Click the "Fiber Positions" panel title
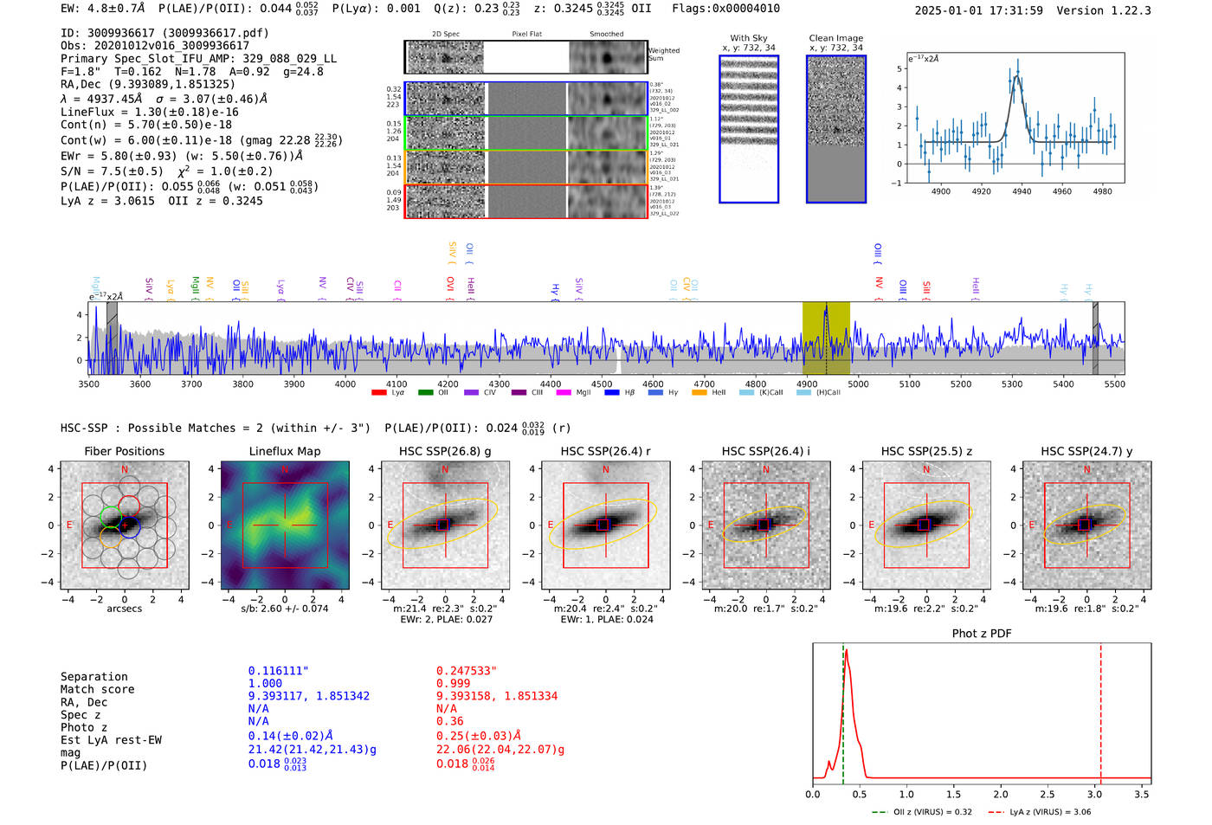tap(124, 451)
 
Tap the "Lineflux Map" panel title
tap(285, 451)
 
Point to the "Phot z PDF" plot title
tap(982, 634)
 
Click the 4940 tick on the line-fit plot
tap(1022, 191)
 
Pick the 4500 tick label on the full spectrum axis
tap(602, 383)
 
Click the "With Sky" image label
tap(749, 38)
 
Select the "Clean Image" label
tap(836, 38)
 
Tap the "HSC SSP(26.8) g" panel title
tap(445, 451)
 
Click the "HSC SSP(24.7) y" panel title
tap(1086, 451)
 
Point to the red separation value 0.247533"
tap(467, 671)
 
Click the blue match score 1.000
tap(265, 683)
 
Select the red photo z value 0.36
tap(449, 721)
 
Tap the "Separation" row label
tap(93, 677)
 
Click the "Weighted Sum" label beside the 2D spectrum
tap(664, 55)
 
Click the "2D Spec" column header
tap(446, 34)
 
